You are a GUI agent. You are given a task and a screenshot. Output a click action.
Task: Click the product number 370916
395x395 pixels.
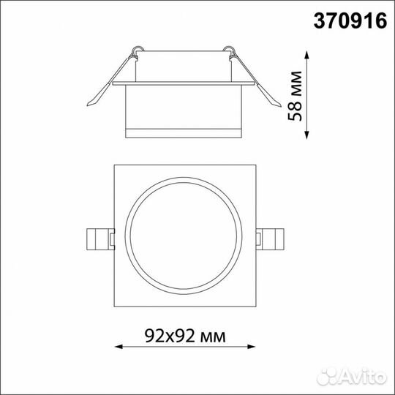pyautogui.click(x=350, y=21)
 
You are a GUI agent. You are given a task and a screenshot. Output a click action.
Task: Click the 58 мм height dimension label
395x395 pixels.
pyautogui.click(x=295, y=97)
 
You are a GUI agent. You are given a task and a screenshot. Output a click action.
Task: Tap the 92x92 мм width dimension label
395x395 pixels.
pyautogui.click(x=185, y=336)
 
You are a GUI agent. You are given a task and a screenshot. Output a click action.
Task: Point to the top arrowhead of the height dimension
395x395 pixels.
pyautogui.click(x=306, y=54)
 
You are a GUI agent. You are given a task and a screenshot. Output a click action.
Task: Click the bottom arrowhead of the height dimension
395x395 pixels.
pyautogui.click(x=306, y=135)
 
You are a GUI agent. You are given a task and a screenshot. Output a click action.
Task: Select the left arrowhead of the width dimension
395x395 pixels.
pyautogui.click(x=118, y=347)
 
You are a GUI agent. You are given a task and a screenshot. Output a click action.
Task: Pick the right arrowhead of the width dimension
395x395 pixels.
pyautogui.click(x=252, y=347)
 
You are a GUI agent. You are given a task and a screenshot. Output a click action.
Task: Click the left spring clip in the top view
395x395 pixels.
pyautogui.click(x=100, y=239)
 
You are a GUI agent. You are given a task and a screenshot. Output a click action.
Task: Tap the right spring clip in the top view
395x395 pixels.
pyautogui.click(x=270, y=239)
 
